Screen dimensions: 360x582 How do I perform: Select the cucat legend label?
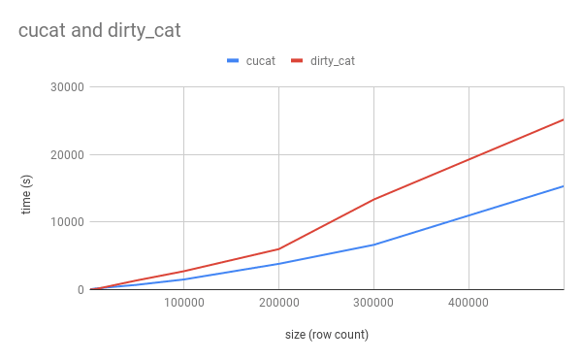click(260, 61)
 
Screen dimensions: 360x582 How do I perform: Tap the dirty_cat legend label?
click(333, 61)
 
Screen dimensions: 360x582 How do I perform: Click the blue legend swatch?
click(233, 61)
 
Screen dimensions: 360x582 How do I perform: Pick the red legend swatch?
click(298, 61)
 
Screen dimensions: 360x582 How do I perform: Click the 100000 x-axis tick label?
click(183, 304)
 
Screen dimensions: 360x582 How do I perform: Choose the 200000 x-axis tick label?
click(278, 304)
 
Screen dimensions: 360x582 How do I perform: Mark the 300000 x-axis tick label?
click(373, 304)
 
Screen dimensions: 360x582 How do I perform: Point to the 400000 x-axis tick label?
click(469, 304)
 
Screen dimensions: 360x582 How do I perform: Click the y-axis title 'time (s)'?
click(26, 194)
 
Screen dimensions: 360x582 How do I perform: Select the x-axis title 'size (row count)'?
click(326, 335)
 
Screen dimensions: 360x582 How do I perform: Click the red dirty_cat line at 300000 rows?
click(373, 199)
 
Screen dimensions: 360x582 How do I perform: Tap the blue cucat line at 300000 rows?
click(373, 245)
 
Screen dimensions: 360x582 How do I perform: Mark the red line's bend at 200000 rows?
click(278, 248)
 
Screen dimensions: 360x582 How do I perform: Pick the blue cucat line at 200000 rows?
click(278, 264)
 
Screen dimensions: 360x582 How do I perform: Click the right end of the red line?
click(563, 120)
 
